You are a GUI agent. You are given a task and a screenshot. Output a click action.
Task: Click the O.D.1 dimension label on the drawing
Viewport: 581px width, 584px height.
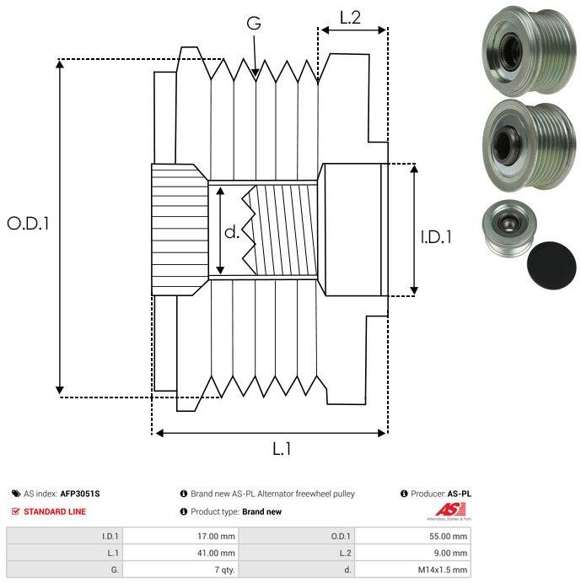click(28, 224)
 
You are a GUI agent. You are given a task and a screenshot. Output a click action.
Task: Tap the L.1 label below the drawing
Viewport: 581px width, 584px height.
click(282, 450)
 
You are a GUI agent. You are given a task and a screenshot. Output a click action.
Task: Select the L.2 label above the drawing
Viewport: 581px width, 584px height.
click(350, 17)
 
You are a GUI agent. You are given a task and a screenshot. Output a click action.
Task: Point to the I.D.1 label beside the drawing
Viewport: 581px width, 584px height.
click(436, 237)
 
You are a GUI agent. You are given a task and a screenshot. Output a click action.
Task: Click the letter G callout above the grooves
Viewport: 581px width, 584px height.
click(254, 24)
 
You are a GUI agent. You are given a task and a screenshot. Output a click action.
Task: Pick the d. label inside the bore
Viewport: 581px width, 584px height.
click(232, 231)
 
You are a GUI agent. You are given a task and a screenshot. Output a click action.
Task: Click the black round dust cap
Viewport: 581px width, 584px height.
click(551, 262)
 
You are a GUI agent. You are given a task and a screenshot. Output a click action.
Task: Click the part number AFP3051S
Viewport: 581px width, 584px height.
click(85, 494)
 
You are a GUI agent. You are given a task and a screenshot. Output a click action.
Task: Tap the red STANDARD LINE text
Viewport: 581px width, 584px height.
click(55, 511)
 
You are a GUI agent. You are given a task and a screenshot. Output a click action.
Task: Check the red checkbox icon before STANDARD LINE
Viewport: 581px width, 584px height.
click(16, 511)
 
